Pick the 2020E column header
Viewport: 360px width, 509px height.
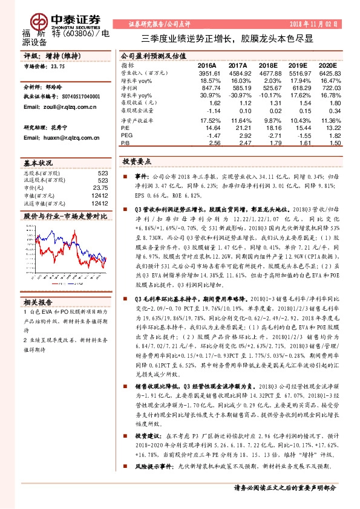pyautogui.click(x=327, y=65)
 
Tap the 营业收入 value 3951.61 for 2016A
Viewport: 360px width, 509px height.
pyautogui.click(x=208, y=72)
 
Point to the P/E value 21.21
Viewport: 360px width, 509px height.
pyautogui.click(x=241, y=128)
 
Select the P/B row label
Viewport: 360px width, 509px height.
pyautogui.click(x=125, y=144)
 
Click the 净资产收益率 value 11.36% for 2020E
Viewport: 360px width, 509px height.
pyautogui.click(x=328, y=120)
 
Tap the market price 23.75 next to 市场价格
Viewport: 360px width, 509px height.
pyautogui.click(x=57, y=67)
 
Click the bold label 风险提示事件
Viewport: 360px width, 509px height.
pyautogui.click(x=151, y=466)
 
